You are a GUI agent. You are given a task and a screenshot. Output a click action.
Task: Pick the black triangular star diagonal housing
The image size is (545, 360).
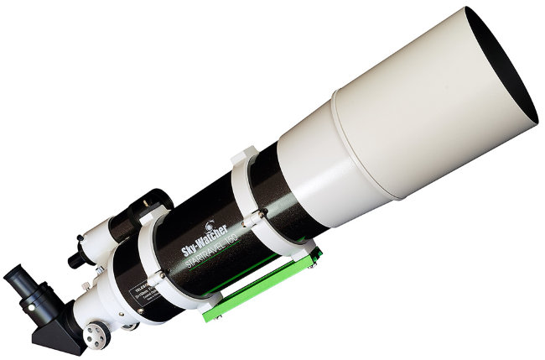63,323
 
